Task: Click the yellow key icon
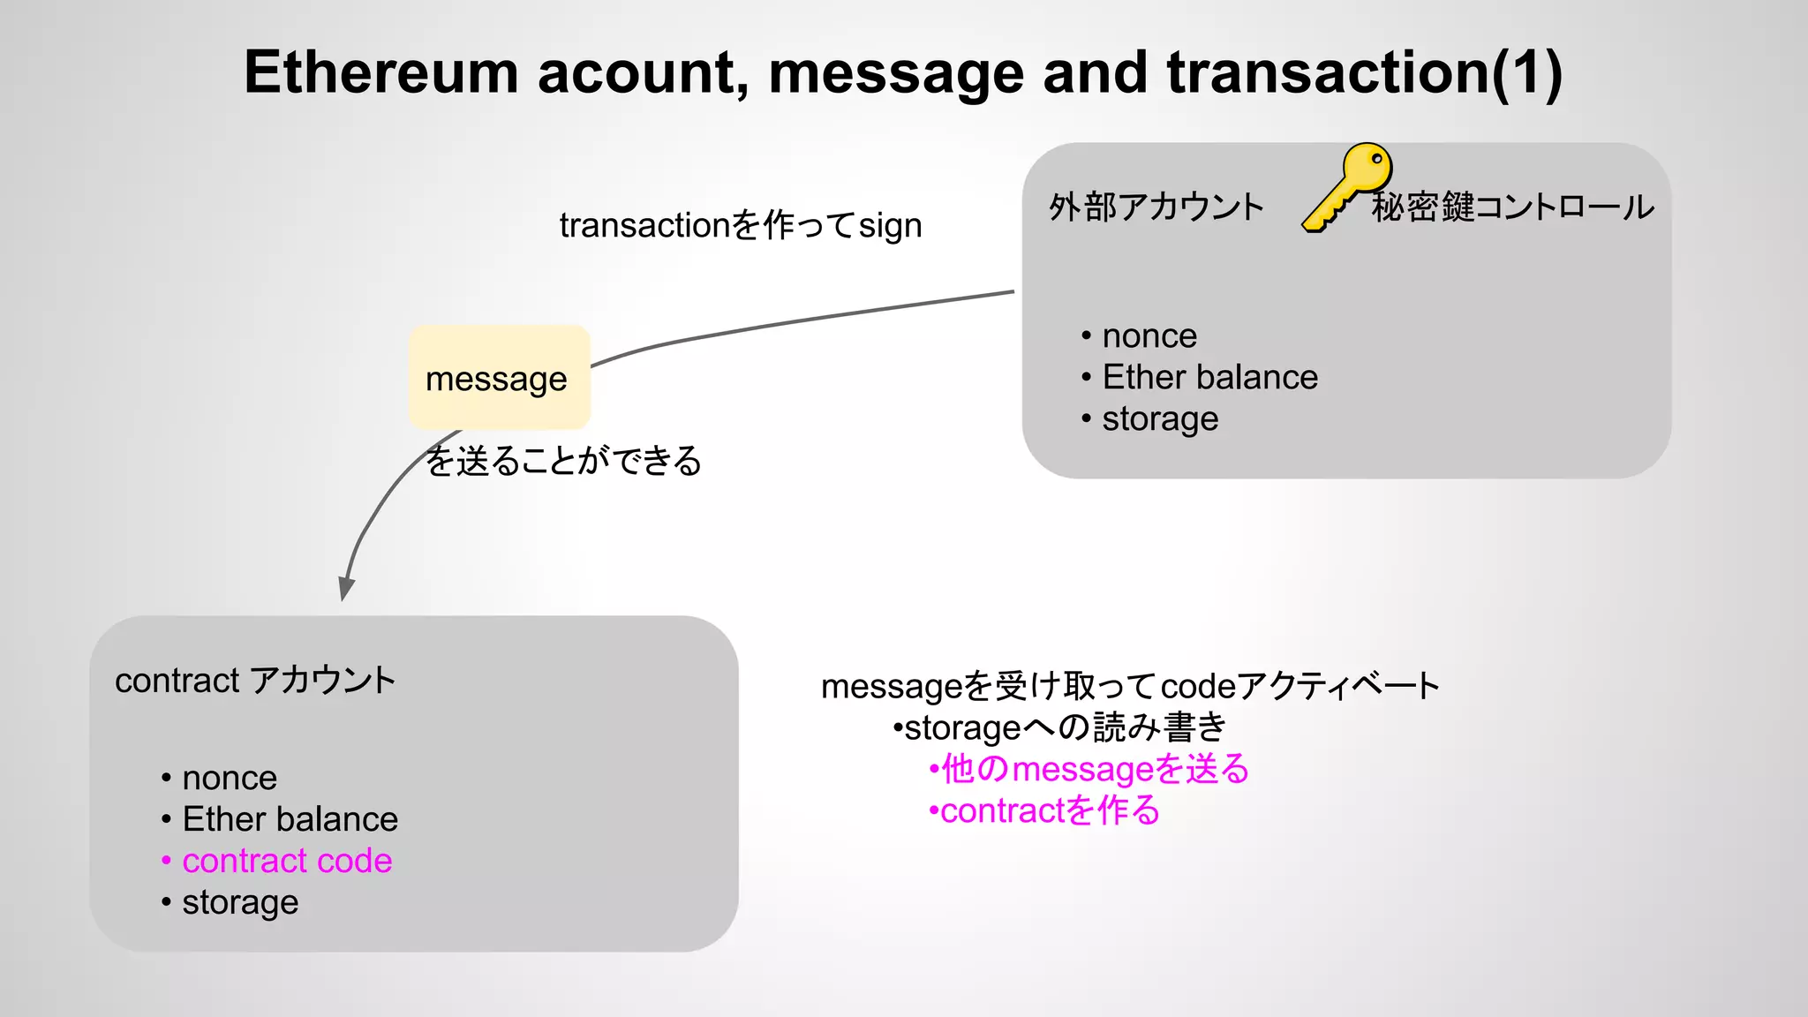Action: (1347, 186)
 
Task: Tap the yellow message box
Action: (499, 378)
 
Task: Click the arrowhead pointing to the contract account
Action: (346, 589)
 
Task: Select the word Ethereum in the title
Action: (380, 72)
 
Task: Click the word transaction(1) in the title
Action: (1364, 72)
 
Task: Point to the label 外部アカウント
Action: (1156, 207)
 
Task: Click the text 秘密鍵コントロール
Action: (1512, 207)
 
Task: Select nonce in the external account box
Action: (1149, 336)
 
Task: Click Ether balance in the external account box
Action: (1209, 378)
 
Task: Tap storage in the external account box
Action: (1160, 419)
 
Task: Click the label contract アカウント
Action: (255, 681)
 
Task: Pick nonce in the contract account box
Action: (230, 779)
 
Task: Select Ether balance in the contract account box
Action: (290, 820)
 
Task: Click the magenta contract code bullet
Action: (287, 861)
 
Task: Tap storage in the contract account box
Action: (240, 902)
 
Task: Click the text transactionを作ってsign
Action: (741, 226)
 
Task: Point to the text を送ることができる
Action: (563, 461)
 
